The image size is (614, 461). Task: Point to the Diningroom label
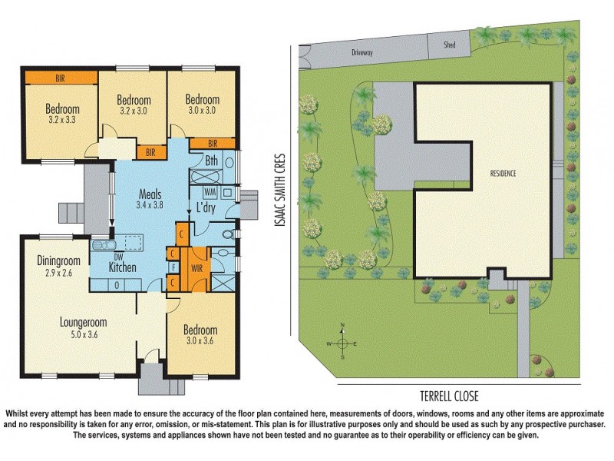click(x=58, y=260)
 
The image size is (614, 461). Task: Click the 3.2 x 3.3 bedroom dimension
click(x=64, y=120)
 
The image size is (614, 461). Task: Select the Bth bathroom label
click(x=212, y=161)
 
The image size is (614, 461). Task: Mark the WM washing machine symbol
click(x=210, y=191)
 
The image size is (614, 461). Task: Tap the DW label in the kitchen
click(x=119, y=257)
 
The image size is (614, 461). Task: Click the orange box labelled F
click(x=174, y=267)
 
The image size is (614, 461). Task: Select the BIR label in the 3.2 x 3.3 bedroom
click(x=59, y=78)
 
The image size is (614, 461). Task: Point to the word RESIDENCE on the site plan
click(x=503, y=174)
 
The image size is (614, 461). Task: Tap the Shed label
click(x=450, y=45)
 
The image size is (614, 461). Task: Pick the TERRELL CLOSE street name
click(x=449, y=396)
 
